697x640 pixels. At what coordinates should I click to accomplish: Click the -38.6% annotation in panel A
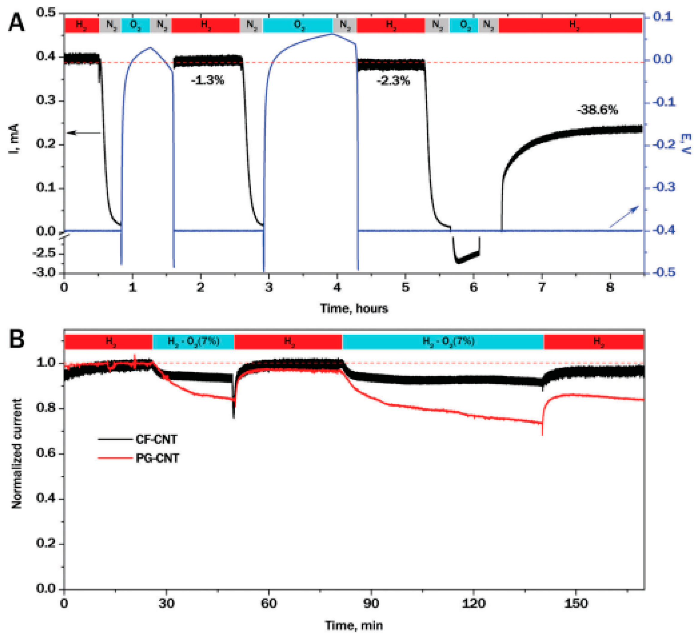(x=597, y=110)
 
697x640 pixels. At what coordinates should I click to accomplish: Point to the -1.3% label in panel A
(x=208, y=81)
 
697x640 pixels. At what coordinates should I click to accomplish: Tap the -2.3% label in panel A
(x=393, y=81)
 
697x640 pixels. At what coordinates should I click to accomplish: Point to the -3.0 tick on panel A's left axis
(x=44, y=273)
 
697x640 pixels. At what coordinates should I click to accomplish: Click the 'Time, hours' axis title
(x=354, y=308)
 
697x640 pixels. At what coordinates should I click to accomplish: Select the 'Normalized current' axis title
(x=17, y=454)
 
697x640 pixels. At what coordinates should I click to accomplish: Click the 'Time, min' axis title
(x=354, y=625)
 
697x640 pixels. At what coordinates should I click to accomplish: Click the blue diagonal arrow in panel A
(x=624, y=216)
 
